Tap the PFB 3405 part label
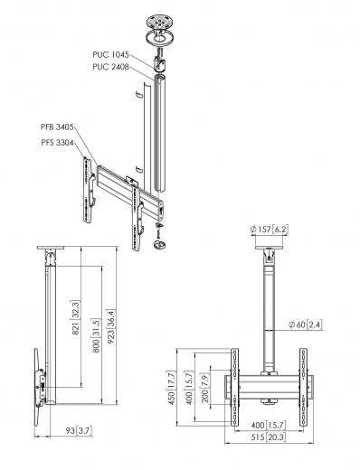pyautogui.click(x=58, y=127)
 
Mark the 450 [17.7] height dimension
pyautogui.click(x=170, y=387)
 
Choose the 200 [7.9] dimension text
pyautogui.click(x=204, y=387)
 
